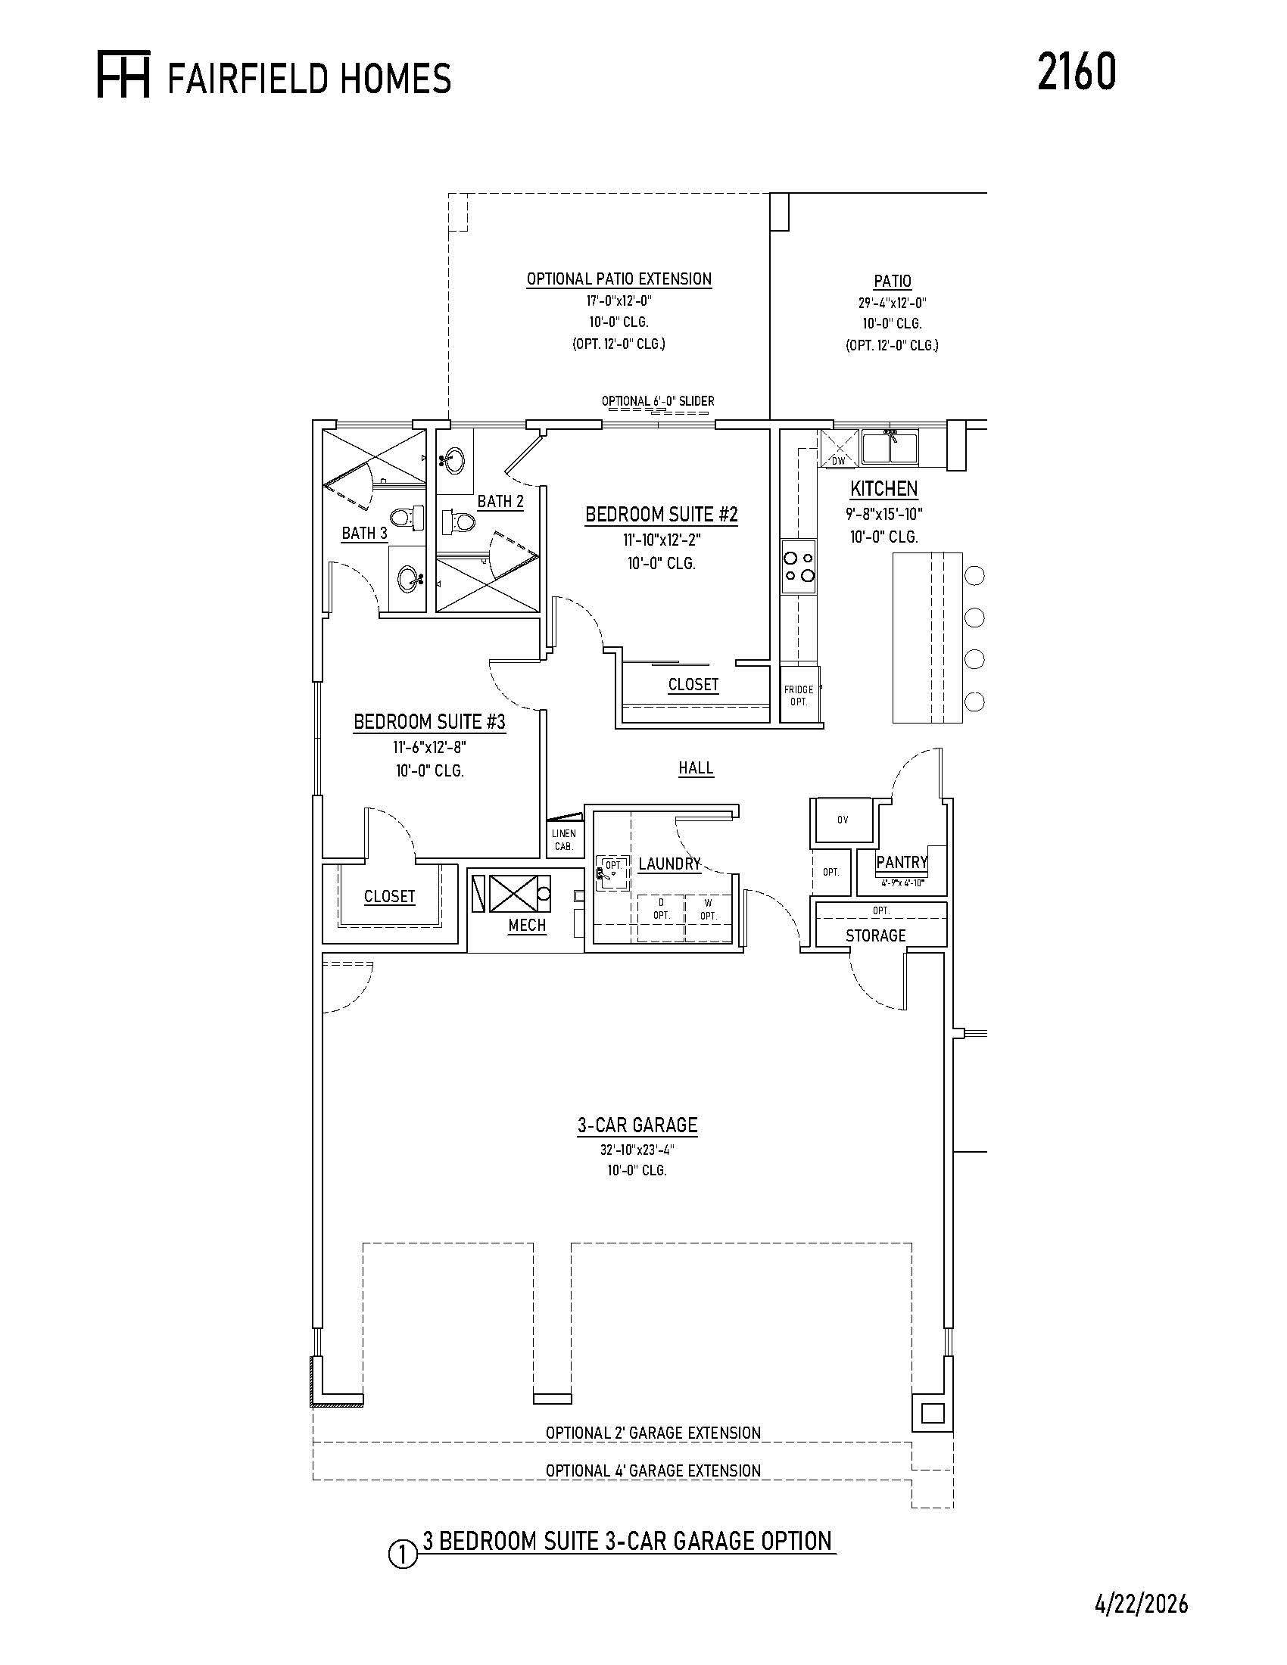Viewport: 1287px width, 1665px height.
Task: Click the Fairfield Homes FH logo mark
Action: coord(123,74)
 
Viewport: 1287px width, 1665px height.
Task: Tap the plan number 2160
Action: coord(1077,72)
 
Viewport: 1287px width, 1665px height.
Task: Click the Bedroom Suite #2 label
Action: coord(661,515)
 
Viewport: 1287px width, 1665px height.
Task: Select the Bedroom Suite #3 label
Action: coord(429,721)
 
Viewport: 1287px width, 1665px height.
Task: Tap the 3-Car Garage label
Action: coord(637,1125)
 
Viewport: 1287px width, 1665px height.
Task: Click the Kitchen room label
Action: coord(883,488)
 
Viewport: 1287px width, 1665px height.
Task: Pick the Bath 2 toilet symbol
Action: coord(458,522)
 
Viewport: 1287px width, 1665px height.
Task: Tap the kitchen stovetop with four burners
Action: coord(798,566)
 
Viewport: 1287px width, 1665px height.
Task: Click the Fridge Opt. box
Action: coord(799,695)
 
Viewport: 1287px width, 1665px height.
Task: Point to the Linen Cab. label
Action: coord(564,839)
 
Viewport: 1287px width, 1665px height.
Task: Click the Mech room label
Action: coord(527,925)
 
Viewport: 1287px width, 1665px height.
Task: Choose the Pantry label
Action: coord(901,862)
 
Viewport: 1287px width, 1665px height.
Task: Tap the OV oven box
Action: coord(842,820)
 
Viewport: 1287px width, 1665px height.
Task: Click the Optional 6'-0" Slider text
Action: coord(658,401)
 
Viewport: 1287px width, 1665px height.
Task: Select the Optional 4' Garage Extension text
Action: coord(653,1470)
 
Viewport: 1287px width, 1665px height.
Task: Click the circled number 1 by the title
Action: coord(404,1555)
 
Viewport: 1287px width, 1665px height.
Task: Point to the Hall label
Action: coord(696,767)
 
